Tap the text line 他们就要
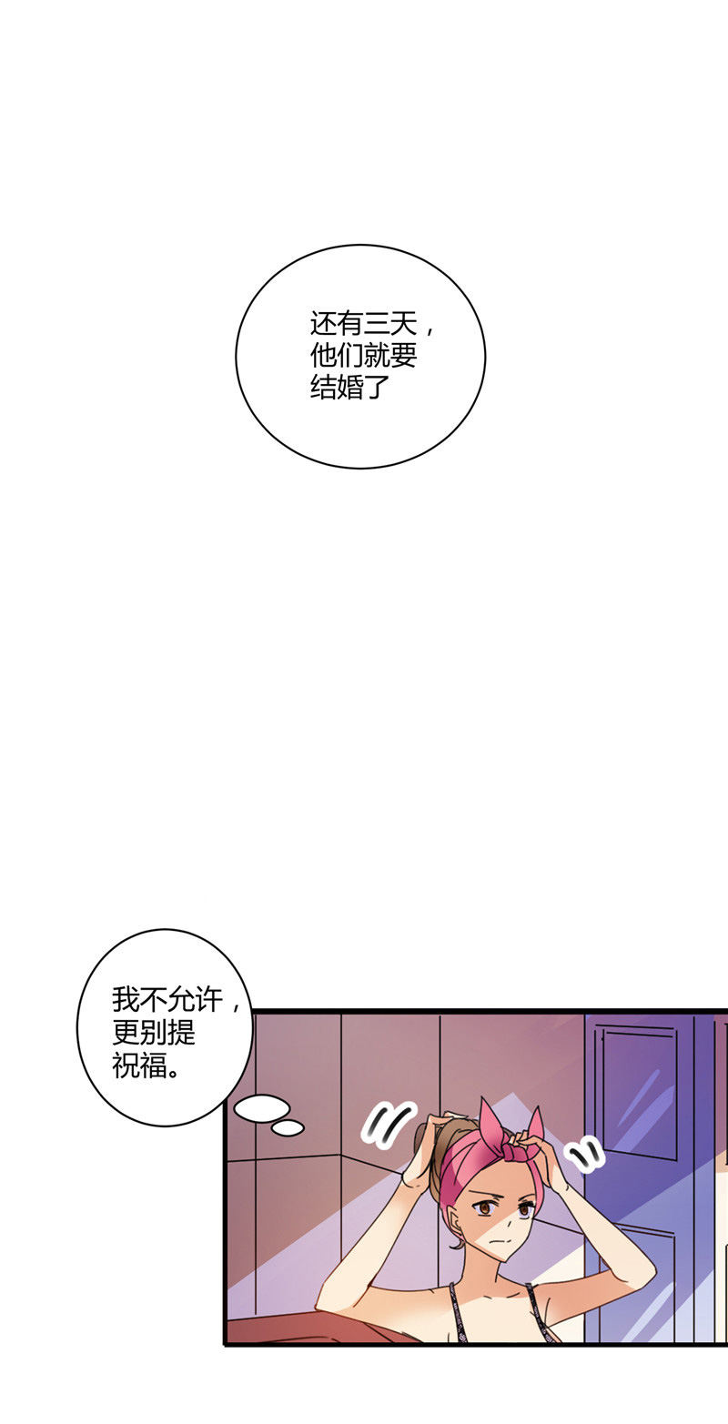(x=363, y=356)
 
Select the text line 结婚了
(x=349, y=387)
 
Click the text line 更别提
(x=154, y=1033)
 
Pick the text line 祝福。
(x=147, y=1065)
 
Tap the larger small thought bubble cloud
(x=261, y=1108)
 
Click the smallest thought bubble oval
(x=288, y=1127)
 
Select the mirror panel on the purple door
(x=639, y=1090)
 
